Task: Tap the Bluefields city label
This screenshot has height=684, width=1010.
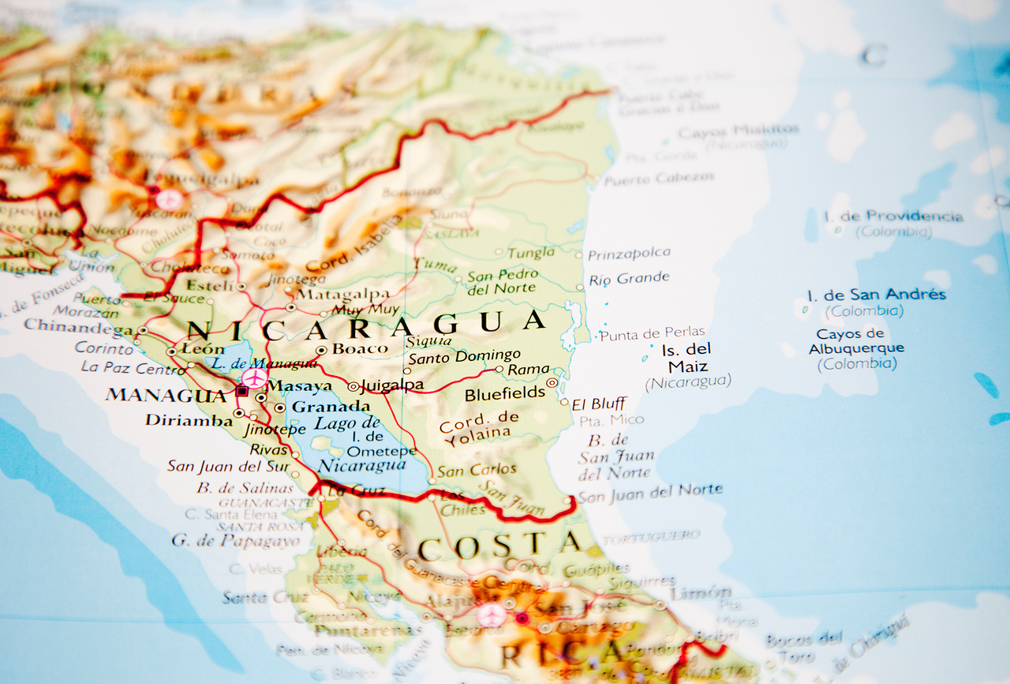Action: [x=505, y=393]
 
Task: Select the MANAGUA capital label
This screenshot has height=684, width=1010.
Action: [x=166, y=394]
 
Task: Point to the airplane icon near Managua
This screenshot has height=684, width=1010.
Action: [x=254, y=378]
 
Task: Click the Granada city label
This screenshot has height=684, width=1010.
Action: [x=331, y=407]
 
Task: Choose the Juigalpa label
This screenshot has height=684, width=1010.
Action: [x=391, y=385]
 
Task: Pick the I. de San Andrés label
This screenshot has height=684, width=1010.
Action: [x=876, y=295]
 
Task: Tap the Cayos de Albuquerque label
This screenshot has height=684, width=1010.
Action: [x=856, y=341]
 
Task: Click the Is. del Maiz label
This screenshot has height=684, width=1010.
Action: [x=687, y=357]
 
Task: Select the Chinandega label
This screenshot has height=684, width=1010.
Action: [x=78, y=326]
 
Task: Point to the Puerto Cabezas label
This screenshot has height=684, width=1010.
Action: [x=659, y=179]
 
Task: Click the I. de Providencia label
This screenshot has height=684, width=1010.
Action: [x=892, y=216]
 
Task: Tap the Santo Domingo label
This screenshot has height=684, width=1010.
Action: [x=464, y=356]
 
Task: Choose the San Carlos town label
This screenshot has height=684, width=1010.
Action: [x=477, y=470]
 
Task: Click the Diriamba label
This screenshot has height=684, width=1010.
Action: [x=189, y=420]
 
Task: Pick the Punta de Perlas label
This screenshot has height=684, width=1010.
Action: [x=652, y=334]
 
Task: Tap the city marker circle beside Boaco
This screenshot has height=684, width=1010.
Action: [x=321, y=350]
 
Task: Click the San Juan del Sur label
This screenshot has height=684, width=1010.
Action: [x=228, y=466]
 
